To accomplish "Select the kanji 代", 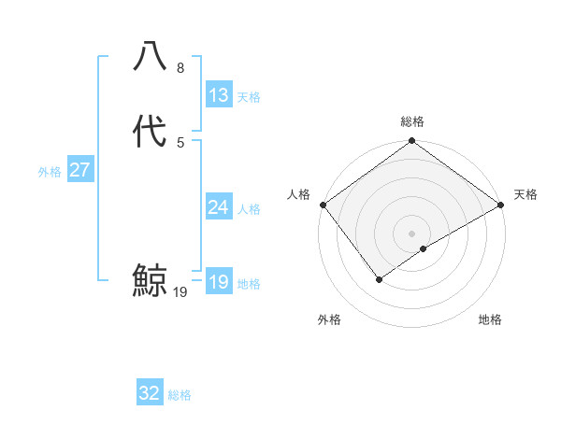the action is tap(150, 132).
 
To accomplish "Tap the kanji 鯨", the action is tap(150, 280).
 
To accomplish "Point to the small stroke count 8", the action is tap(180, 69).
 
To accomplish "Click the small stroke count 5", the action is tap(180, 142).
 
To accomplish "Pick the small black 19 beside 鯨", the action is tap(180, 292).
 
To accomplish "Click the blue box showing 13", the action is tap(218, 95).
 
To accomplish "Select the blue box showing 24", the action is tap(218, 207).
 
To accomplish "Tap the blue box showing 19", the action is tap(218, 282).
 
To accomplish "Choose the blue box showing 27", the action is tap(79, 170).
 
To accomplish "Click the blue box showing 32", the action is tap(150, 393).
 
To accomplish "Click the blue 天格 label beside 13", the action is tap(249, 97).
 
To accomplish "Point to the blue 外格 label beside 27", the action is tap(50, 172).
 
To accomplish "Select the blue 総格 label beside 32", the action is tap(180, 395).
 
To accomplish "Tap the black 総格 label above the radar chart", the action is tap(412, 121).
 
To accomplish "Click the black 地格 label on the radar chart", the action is tap(490, 320).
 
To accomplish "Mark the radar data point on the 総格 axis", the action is tap(412, 142).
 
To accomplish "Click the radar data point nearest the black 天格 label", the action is tap(502, 205).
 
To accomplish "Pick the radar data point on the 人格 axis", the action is tap(323, 205).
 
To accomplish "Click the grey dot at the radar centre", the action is tap(412, 234).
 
